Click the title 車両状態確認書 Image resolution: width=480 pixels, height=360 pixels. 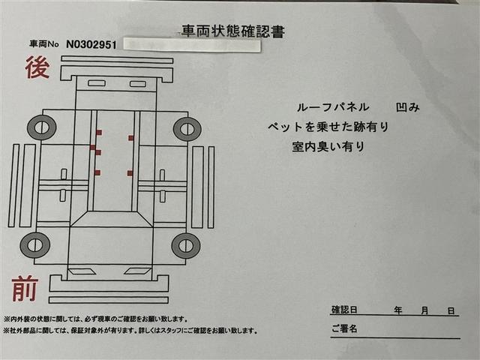[232, 31]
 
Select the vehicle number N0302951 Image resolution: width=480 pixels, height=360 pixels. [91, 44]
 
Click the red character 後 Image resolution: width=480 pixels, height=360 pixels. [37, 68]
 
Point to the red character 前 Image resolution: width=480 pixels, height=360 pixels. [25, 289]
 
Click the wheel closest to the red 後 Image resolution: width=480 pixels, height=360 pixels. [40, 128]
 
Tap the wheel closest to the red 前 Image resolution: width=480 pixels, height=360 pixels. [34, 244]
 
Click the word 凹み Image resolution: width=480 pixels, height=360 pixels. [408, 107]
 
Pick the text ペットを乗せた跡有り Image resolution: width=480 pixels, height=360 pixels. [328, 127]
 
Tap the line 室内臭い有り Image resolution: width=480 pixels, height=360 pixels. [328, 147]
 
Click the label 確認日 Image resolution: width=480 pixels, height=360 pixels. [343, 310]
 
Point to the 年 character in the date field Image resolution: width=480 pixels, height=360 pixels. [397, 310]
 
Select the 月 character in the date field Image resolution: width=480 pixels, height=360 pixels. [424, 310]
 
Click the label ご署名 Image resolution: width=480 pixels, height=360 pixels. [343, 328]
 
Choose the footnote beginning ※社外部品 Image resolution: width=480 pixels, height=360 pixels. [130, 331]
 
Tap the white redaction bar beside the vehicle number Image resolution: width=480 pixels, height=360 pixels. [191, 45]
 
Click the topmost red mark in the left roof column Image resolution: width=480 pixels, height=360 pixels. [98, 132]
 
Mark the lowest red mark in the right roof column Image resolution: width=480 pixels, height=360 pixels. [130, 173]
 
